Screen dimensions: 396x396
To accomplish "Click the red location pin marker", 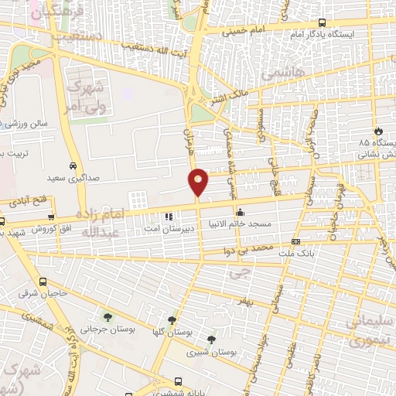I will pyautogui.click(x=199, y=182).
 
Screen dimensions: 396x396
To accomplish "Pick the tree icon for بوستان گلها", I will pyautogui.click(x=171, y=319).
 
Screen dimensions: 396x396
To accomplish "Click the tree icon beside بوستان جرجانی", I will pyautogui.click(x=107, y=317).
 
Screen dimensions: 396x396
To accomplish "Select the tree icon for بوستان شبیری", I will pyautogui.click(x=210, y=339).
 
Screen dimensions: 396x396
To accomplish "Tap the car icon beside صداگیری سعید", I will pyautogui.click(x=72, y=166).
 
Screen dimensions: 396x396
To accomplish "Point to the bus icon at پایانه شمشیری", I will pyautogui.click(x=179, y=381).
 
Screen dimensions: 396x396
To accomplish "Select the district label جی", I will pyautogui.click(x=241, y=272).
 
